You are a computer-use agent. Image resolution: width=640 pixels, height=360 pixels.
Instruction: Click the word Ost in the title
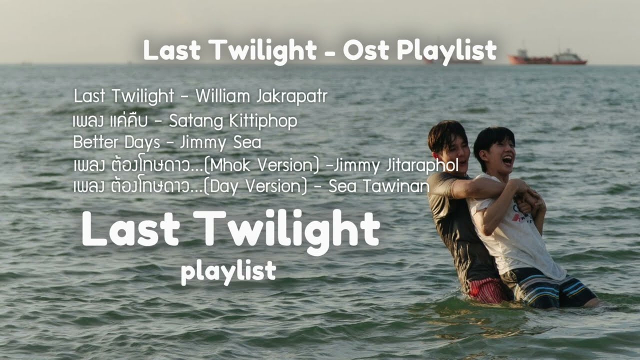pyautogui.click(x=366, y=50)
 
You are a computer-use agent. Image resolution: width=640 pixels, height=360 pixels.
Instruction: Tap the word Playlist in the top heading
pyautogui.click(x=446, y=51)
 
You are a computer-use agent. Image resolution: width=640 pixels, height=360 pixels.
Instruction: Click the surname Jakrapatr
pyautogui.click(x=291, y=96)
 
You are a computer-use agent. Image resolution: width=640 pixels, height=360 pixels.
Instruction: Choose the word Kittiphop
pyautogui.click(x=263, y=121)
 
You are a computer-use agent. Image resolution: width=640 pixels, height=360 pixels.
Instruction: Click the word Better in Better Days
pyautogui.click(x=95, y=141)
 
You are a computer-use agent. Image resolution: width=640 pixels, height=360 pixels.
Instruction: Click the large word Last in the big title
pyautogui.click(x=131, y=228)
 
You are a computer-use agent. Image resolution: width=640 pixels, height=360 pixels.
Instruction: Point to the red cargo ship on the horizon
pyautogui.click(x=547, y=58)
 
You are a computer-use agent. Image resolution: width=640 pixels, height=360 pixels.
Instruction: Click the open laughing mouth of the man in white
pyautogui.click(x=507, y=160)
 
